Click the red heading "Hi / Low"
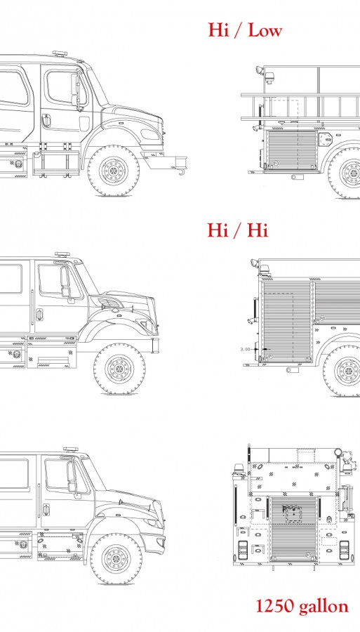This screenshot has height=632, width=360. pyautogui.click(x=245, y=30)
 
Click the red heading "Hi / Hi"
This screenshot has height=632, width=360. pyautogui.click(x=238, y=230)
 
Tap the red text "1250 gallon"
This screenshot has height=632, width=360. pyautogui.click(x=302, y=606)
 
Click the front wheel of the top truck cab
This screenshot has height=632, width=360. pyautogui.click(x=114, y=171)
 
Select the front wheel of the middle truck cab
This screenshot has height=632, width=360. pyautogui.click(x=119, y=369)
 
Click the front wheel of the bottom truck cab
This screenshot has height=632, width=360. pyautogui.click(x=116, y=559)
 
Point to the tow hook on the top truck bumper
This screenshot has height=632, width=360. pyautogui.click(x=182, y=172)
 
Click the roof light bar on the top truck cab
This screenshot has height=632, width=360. pyautogui.click(x=59, y=53)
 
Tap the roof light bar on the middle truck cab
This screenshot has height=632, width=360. pyautogui.click(x=62, y=254)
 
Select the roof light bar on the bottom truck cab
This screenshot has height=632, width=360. pyautogui.click(x=71, y=449)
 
